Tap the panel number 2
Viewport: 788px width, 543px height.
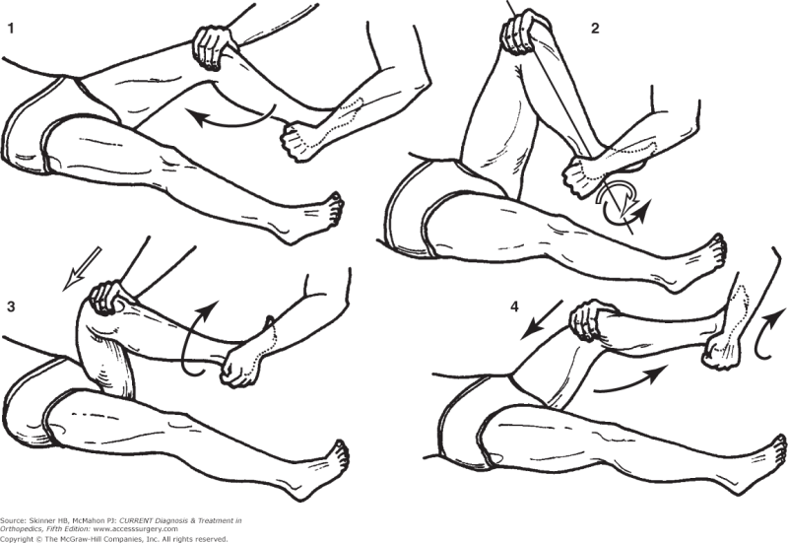[595, 28]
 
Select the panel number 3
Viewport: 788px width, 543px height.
[11, 307]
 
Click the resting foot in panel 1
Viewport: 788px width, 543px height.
[324, 211]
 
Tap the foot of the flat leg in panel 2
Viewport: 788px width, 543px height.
[708, 258]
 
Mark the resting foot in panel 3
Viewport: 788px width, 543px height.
[331, 462]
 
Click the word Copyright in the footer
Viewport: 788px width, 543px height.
[19, 537]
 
